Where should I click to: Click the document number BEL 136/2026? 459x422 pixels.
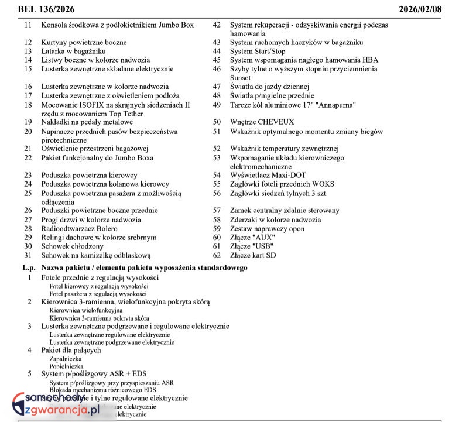pos(46,9)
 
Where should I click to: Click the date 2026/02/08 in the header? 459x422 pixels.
pos(424,9)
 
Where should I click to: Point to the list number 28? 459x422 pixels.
pos(28,228)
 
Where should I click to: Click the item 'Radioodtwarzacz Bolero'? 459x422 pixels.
pos(79,228)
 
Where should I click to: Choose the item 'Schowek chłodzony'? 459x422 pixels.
pos(72,246)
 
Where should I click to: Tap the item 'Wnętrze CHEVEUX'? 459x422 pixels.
pos(262,122)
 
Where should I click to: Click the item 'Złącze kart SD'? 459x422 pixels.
pos(253,255)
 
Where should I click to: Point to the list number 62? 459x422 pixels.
pos(217,255)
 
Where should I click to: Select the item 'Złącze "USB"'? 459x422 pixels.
pos(252,246)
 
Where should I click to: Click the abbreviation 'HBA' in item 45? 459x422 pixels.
pos(370,60)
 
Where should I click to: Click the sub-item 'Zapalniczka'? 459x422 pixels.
pos(66,358)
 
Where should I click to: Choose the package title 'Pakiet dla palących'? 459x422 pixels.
pos(71,350)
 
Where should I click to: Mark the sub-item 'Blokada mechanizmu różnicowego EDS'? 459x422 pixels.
pos(102,390)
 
